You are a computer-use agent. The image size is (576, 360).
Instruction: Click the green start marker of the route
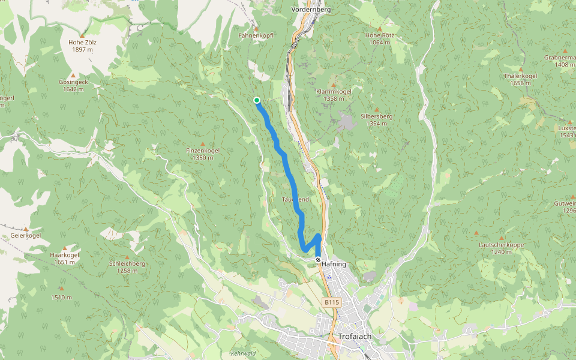pos(257,100)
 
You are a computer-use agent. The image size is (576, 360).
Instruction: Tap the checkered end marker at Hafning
pos(318,260)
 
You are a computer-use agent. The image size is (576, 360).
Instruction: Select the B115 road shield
pos(332,303)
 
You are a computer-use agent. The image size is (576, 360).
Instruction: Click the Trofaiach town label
pos(355,337)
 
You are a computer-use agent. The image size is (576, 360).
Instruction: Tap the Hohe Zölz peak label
pos(83,43)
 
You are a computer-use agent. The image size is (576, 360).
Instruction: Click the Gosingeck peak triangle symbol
pos(74,75)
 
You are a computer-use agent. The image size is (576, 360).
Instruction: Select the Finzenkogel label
pos(203,150)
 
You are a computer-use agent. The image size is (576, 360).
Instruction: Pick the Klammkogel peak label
pos(334,91)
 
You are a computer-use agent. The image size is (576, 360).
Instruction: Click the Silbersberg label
pos(376,116)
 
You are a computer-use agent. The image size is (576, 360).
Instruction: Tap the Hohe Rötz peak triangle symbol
pos(379,28)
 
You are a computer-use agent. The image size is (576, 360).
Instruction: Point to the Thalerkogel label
pos(520,76)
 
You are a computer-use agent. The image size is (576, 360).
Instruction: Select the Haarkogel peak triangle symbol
pos(65,248)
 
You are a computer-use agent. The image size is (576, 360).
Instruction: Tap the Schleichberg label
pos(128,263)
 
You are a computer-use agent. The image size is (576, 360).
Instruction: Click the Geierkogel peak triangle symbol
pos(26,229)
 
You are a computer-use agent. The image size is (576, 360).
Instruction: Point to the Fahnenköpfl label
pos(256,35)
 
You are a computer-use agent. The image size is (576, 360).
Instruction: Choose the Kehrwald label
pos(243,353)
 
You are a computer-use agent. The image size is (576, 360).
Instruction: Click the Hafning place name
pos(334,263)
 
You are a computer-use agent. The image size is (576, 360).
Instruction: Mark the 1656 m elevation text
pos(520,83)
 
